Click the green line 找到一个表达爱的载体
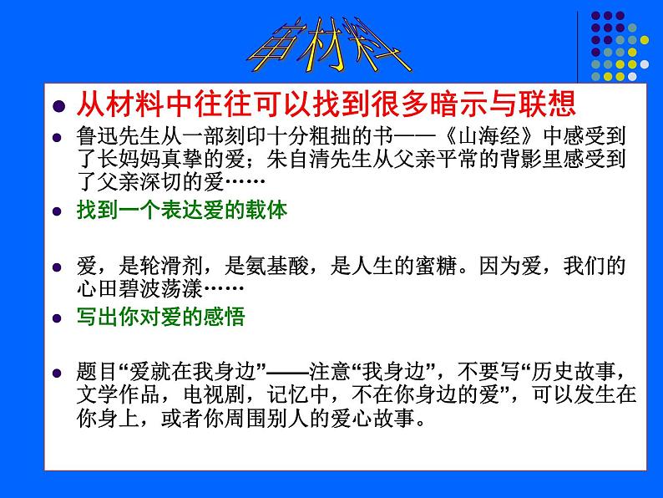[x=182, y=211]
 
